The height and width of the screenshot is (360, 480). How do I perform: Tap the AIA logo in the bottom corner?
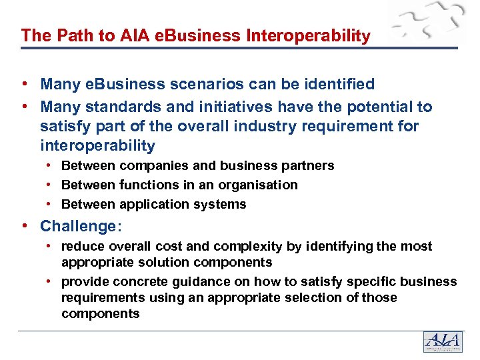coord(443,342)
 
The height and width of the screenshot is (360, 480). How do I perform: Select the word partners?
coord(308,165)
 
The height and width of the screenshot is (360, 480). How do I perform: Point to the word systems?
coord(223,204)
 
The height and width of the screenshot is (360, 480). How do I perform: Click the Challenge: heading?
coord(81,227)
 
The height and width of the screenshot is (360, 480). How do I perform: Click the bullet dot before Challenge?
coord(24,227)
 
